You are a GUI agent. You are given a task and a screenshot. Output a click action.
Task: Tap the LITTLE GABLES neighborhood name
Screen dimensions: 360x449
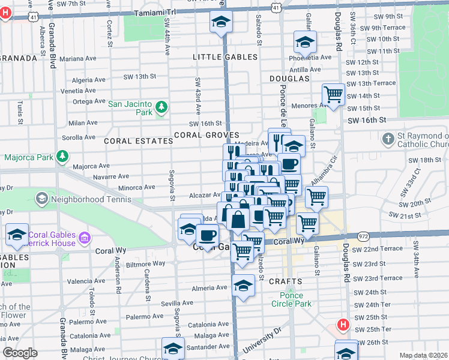click(x=225, y=57)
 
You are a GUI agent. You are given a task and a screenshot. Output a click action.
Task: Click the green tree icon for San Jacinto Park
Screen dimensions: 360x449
click(x=161, y=107)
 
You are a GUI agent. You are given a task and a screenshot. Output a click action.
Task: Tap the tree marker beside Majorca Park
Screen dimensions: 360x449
click(x=62, y=157)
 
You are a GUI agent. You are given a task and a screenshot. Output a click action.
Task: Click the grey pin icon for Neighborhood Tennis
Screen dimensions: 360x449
click(x=42, y=198)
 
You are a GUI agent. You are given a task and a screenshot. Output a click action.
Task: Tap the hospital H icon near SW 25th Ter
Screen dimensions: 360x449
click(x=343, y=325)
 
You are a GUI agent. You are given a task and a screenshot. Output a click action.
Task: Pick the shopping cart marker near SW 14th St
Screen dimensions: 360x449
click(x=333, y=94)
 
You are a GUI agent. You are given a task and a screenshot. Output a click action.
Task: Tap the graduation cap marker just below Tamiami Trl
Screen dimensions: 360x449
click(x=221, y=22)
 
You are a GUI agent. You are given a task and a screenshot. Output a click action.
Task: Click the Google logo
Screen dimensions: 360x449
click(x=20, y=353)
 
